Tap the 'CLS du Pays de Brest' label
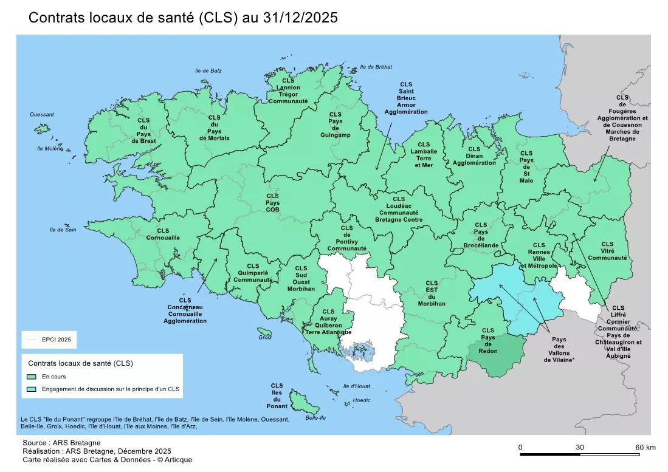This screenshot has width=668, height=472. (143, 131)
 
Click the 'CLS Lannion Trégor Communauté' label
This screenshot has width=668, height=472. (288, 91)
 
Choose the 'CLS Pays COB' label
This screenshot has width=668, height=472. (272, 202)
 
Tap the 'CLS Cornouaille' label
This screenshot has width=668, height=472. (163, 234)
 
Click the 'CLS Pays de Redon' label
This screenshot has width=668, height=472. (488, 341)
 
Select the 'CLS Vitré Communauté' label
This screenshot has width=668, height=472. (607, 250)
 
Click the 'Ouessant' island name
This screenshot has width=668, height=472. (42, 114)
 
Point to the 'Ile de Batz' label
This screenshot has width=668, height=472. (208, 71)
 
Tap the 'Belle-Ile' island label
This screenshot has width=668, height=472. (315, 417)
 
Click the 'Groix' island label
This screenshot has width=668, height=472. (264, 337)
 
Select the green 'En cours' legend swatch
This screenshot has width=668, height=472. (32, 377)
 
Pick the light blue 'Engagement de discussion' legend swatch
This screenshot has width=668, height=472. (32, 389)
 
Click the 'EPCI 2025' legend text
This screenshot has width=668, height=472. (57, 340)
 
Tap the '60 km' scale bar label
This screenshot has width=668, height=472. (645, 448)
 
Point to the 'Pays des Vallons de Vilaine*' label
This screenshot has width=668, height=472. (559, 349)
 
